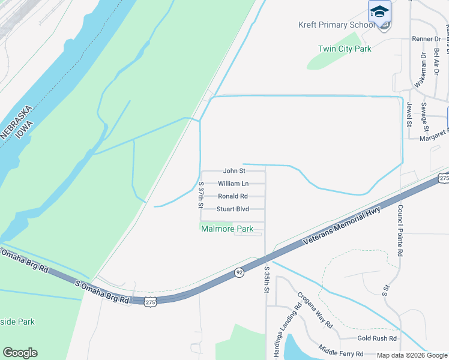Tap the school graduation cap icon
pos(379,11)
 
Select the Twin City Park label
pos(345,49)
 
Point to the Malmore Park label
pos(228,229)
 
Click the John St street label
pos(235,171)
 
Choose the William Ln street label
pos(233,184)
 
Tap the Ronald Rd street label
pos(233,196)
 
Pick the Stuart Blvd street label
pos(232,209)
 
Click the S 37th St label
pos(202,195)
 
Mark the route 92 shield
pos(238,272)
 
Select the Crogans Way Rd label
pos(315,310)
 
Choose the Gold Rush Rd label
pos(378,338)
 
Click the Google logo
pos(20,353)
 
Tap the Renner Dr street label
pos(426,38)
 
